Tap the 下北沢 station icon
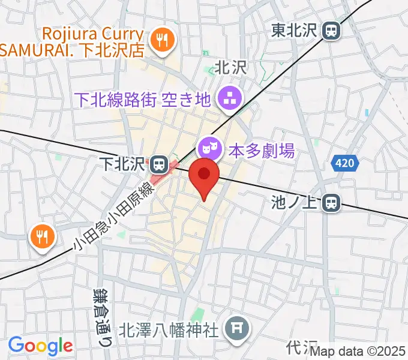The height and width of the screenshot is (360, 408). [158, 163]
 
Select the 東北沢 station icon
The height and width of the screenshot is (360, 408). [330, 30]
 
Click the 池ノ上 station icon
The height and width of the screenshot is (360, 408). [329, 203]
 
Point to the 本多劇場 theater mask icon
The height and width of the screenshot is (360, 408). [208, 146]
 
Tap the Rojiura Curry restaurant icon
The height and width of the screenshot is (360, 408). [161, 41]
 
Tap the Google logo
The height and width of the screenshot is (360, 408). [40, 345]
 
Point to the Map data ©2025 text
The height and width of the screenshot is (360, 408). [358, 352]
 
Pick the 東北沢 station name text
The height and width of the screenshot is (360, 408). [294, 30]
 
